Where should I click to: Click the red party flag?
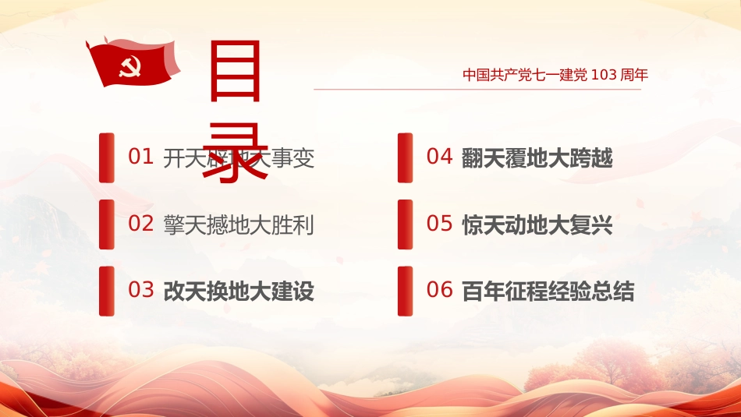[x=132, y=64]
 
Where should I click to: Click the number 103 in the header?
[x=603, y=75]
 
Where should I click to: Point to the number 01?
[x=140, y=157]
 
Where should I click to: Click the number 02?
[x=140, y=224]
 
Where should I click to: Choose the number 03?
[x=140, y=291]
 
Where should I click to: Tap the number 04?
[x=439, y=157]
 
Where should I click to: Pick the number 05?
[x=439, y=224]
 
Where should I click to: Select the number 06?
[x=439, y=291]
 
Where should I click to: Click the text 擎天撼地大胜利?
[x=239, y=225]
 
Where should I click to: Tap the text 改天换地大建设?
[x=239, y=292]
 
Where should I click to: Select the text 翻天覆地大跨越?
[x=537, y=158]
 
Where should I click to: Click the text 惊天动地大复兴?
[x=537, y=225]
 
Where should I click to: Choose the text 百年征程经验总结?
[x=548, y=292]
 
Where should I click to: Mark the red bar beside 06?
[x=405, y=291]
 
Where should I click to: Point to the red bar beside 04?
[x=405, y=157]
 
